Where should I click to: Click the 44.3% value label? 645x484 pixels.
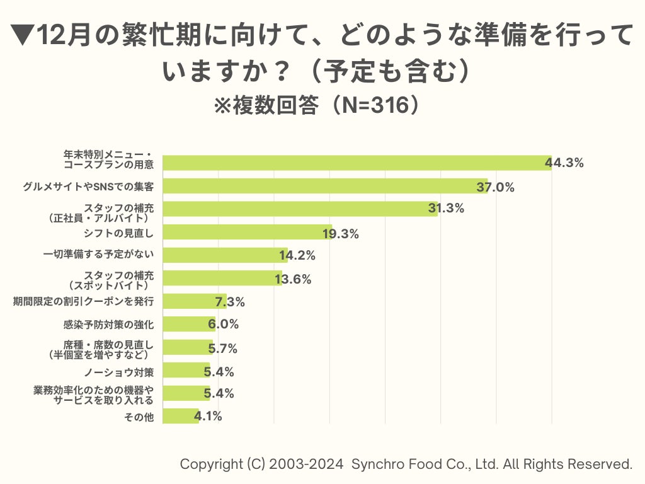click(x=564, y=163)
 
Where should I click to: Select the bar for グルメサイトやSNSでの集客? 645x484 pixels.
click(x=325, y=186)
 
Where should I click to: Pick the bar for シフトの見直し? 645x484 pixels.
click(x=247, y=232)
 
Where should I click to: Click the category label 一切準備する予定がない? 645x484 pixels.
click(x=99, y=255)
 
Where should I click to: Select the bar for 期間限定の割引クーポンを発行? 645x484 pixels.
click(x=194, y=301)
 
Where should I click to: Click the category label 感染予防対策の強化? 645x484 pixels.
click(x=109, y=325)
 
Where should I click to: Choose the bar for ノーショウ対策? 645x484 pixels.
click(x=185, y=371)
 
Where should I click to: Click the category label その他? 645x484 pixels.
click(x=140, y=417)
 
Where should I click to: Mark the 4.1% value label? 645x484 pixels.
click(x=208, y=417)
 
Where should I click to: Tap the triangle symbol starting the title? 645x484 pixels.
click(x=22, y=36)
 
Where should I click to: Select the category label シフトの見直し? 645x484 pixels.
click(x=119, y=233)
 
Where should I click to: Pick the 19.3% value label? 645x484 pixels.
click(x=341, y=234)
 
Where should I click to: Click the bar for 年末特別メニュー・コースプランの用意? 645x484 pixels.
click(x=357, y=163)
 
